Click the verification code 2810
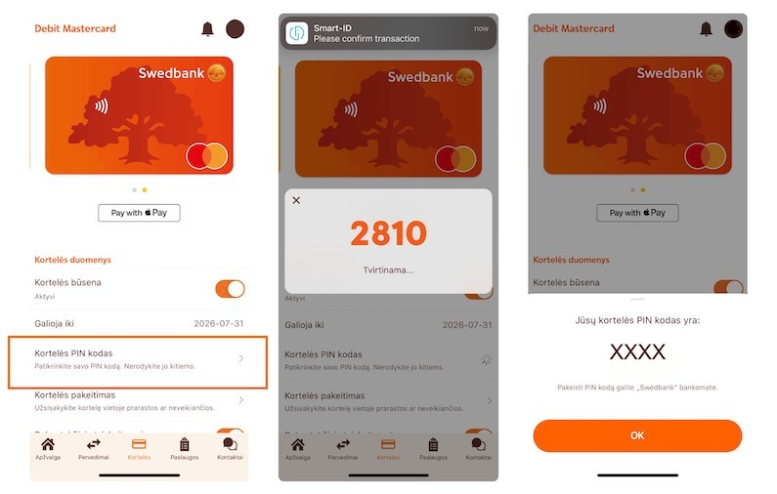coord(388,233)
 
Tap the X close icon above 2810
coord(296,201)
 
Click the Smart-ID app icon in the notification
coord(297,32)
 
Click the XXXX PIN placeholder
coord(637,352)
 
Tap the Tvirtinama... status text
coord(388,269)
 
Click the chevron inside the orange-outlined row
coord(241,359)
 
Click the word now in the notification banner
coord(481,28)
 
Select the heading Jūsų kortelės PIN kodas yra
coord(637,320)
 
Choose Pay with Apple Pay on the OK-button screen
coord(637,212)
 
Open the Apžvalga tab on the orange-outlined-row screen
coord(47,450)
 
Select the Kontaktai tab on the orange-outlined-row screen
coord(231,450)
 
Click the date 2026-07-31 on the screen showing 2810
coord(468,325)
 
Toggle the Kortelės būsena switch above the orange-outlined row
coord(230,289)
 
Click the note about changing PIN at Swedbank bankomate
coord(637,388)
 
